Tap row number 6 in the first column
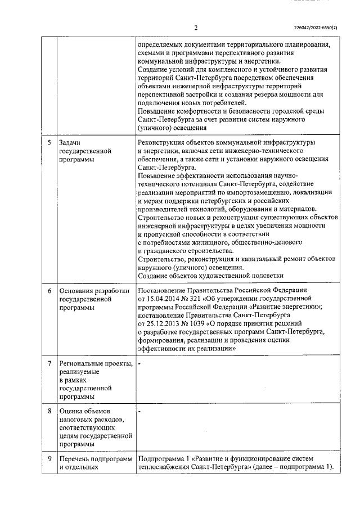[x=49, y=291]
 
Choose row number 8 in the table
[x=49, y=411]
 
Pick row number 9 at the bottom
[x=49, y=458]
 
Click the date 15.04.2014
[x=164, y=299]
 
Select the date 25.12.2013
[x=164, y=324]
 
